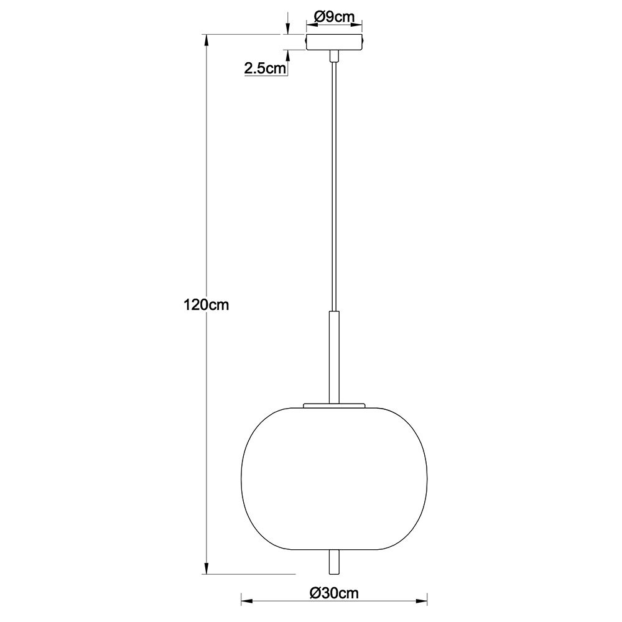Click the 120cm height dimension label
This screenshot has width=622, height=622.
[206, 305]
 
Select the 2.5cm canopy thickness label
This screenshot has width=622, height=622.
[264, 68]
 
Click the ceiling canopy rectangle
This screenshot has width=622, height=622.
[334, 42]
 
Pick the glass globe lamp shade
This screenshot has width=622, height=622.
[334, 478]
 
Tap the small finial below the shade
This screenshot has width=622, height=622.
[334, 562]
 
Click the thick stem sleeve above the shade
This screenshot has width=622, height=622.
[334, 358]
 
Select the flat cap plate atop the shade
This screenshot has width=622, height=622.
[334, 406]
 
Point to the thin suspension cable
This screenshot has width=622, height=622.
[334, 187]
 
